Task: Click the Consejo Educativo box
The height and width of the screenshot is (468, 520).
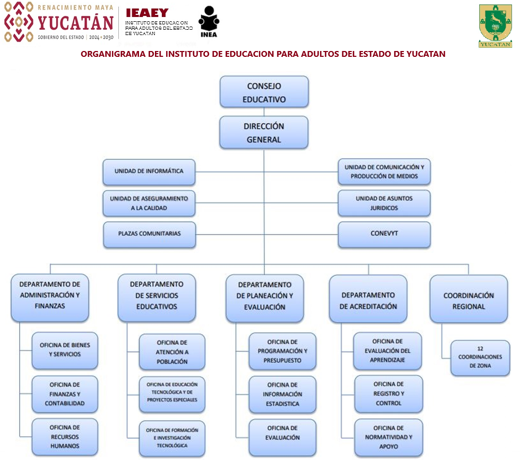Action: pyautogui.click(x=264, y=92)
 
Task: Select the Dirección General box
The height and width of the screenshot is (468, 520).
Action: pyautogui.click(x=264, y=133)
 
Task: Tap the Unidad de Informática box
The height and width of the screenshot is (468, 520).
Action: pyautogui.click(x=149, y=172)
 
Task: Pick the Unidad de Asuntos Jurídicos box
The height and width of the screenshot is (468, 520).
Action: pyautogui.click(x=384, y=203)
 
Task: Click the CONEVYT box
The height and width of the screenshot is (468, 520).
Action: pyautogui.click(x=384, y=234)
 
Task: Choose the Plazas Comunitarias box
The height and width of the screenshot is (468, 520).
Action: pyautogui.click(x=149, y=234)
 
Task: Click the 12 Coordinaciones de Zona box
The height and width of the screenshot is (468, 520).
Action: pyautogui.click(x=480, y=357)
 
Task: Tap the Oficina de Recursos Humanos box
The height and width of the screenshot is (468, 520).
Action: pyautogui.click(x=65, y=437)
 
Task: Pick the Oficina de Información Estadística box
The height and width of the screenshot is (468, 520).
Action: pyautogui.click(x=282, y=394)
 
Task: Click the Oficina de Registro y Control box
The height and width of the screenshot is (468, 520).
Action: pyautogui.click(x=388, y=394)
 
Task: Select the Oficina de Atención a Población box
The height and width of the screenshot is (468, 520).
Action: pyautogui.click(x=172, y=352)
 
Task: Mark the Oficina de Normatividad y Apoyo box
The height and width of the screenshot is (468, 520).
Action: pyautogui.click(x=388, y=437)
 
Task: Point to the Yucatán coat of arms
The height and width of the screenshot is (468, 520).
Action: pyautogui.click(x=495, y=24)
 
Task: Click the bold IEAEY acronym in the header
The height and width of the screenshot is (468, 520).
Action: pyautogui.click(x=147, y=13)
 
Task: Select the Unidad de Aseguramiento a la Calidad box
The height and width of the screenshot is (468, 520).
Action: pyautogui.click(x=149, y=203)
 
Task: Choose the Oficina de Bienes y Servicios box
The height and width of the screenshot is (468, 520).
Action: pyautogui.click(x=65, y=350)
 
